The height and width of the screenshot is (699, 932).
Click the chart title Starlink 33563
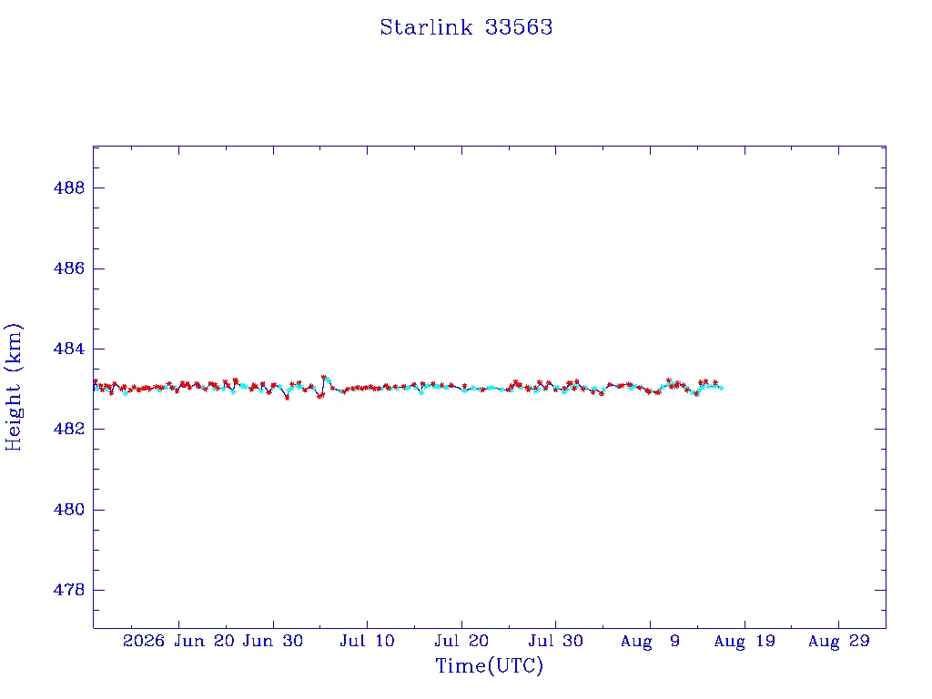466,27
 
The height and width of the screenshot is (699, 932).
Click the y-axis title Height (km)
14,387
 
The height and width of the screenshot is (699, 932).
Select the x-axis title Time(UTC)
489,665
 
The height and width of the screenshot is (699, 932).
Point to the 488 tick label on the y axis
69,187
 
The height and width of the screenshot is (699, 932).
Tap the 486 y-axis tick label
69,268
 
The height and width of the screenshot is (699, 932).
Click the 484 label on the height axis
69,349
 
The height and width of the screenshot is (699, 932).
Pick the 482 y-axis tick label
69,430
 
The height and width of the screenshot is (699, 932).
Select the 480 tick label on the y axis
69,510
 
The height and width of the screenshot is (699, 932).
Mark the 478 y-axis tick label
69,590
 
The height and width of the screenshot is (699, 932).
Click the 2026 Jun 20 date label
178,641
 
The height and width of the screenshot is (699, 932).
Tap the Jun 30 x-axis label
273,641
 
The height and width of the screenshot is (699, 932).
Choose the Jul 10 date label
368,641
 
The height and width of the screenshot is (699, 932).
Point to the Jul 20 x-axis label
461,641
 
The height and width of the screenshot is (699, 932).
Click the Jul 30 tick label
556,641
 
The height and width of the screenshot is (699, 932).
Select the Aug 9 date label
650,641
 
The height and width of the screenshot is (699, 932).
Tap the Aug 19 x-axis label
745,641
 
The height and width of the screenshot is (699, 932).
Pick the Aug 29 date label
838,641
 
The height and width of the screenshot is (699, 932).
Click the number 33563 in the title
519,27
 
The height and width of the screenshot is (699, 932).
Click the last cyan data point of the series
722,388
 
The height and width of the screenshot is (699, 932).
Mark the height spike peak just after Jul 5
324,377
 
